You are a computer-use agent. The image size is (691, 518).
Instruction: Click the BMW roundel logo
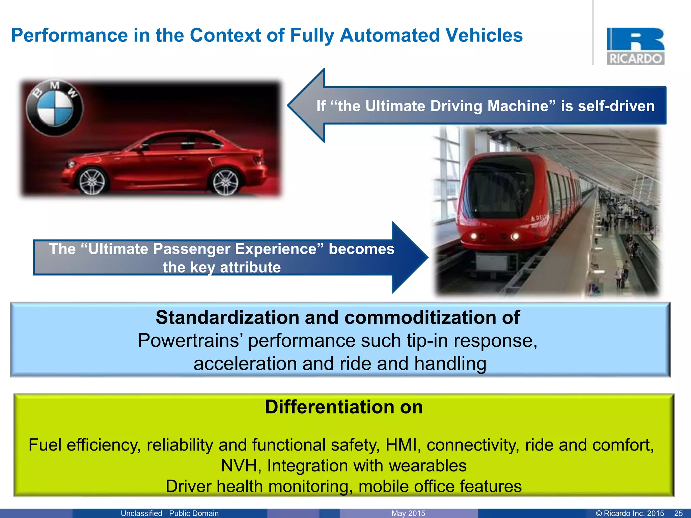pos(55,108)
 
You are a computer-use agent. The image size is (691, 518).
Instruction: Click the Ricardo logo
pos(635,46)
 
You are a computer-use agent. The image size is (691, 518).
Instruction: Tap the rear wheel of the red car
pos(225,182)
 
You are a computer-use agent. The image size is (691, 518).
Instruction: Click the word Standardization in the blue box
pos(227,318)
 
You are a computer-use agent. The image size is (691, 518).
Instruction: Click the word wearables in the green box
pos(427,466)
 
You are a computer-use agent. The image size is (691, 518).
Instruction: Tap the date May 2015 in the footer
pos(408,513)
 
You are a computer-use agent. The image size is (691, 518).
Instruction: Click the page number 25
pos(678,513)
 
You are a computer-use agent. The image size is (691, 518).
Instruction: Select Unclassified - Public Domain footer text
pos(170,513)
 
